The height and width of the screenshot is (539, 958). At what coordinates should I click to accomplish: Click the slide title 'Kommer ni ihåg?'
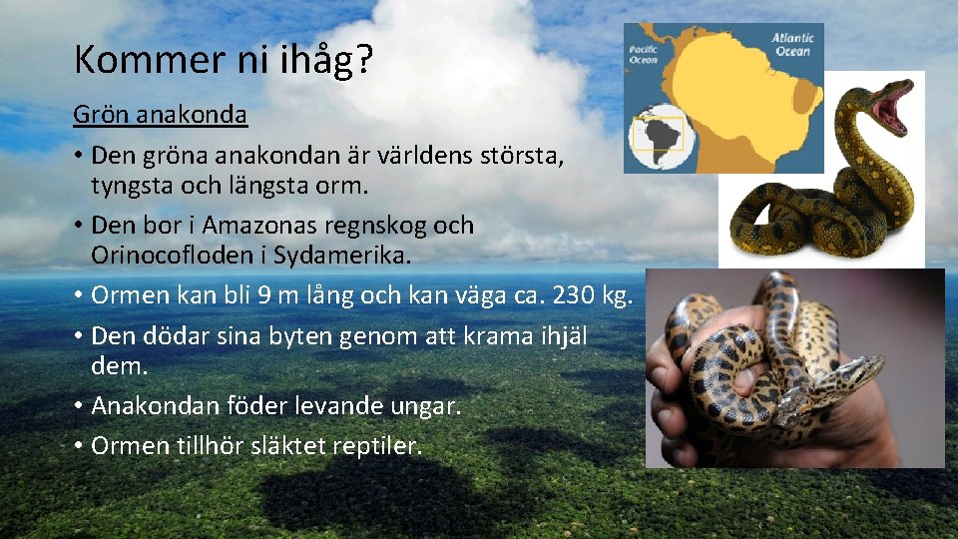tap(224, 62)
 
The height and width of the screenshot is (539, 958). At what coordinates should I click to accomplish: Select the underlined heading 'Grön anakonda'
tap(160, 115)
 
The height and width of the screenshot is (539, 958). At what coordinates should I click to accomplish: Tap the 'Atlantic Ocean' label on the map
tap(792, 45)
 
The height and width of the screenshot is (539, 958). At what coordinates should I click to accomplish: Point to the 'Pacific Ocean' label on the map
tap(644, 54)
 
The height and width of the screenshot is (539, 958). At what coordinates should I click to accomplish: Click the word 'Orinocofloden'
tap(159, 255)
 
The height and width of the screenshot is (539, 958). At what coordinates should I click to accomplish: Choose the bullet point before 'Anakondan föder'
tap(78, 406)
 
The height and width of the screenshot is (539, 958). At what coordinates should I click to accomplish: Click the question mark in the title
tap(364, 62)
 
